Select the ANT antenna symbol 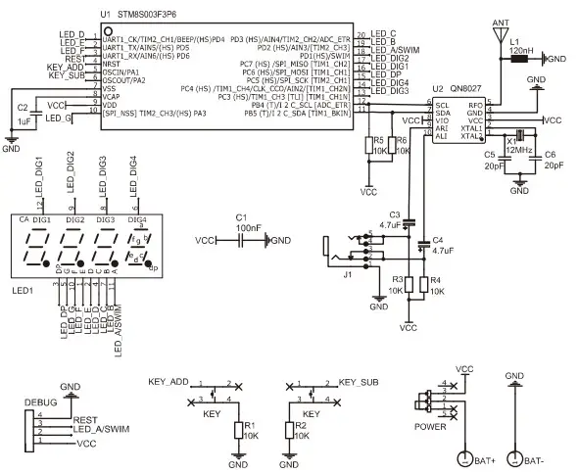[500, 30]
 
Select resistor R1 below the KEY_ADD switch [238, 430]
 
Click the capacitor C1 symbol [241, 241]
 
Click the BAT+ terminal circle [466, 457]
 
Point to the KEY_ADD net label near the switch [169, 380]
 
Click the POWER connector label [432, 427]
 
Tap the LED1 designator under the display [23, 291]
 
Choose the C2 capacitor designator [23, 107]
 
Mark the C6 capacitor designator [550, 155]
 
